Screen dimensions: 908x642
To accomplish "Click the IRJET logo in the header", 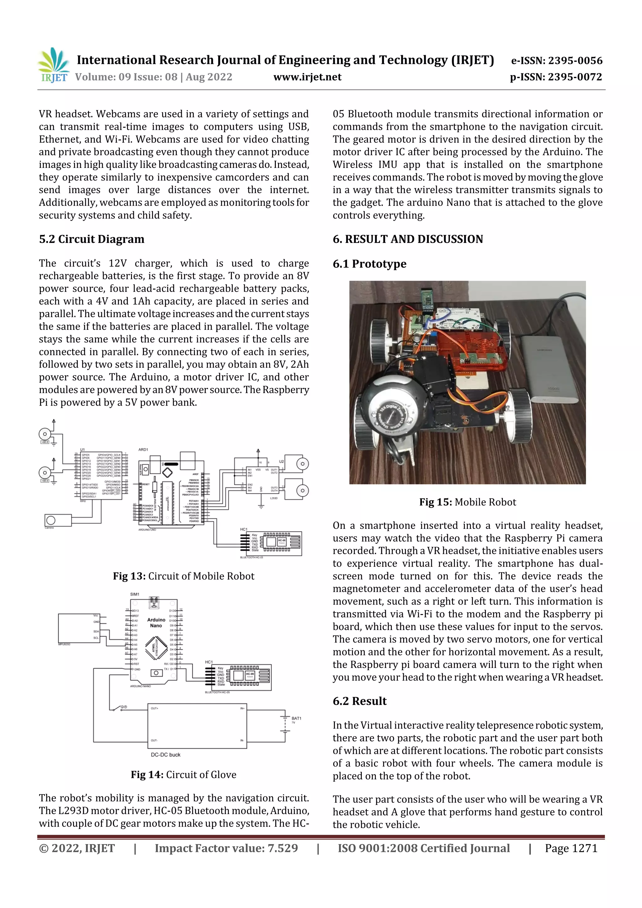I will (53, 66).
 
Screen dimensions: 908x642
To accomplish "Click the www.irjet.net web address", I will (307, 77).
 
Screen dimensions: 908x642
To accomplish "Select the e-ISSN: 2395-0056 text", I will (556, 60).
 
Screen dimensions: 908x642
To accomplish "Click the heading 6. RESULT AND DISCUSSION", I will (408, 239).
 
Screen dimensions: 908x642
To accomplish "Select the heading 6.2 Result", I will (359, 701).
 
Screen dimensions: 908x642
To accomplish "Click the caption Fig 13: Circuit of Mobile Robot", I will (184, 576).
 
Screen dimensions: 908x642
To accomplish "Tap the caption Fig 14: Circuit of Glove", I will (184, 775).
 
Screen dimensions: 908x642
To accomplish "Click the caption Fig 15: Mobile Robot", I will (468, 502).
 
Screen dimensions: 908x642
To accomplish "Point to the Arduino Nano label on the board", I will (156, 622).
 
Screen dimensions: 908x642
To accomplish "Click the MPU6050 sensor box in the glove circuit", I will (78, 628).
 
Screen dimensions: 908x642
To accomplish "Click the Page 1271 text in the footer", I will (571, 848).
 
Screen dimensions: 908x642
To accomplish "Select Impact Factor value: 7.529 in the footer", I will (226, 848).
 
